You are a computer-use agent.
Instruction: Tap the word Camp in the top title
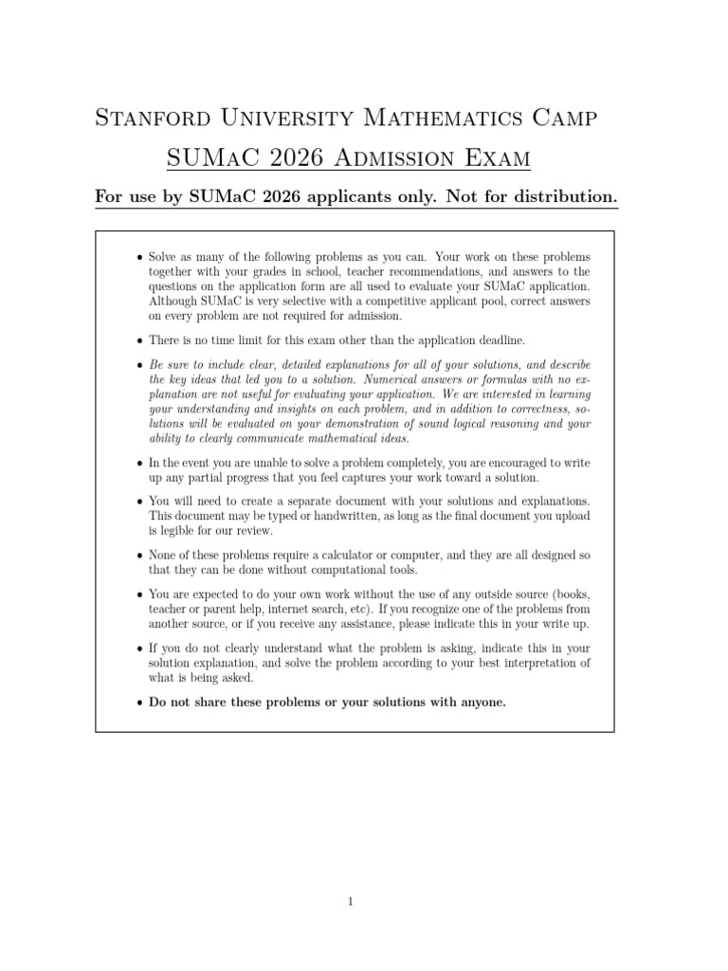(x=566, y=119)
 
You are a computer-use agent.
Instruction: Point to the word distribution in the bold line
(x=564, y=196)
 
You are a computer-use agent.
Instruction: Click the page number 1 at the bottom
(x=351, y=901)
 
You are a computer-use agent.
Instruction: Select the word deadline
(x=494, y=340)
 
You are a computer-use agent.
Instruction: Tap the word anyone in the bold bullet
(x=481, y=703)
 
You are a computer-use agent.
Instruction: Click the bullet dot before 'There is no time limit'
(x=140, y=340)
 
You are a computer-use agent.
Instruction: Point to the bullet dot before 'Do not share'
(x=140, y=703)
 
